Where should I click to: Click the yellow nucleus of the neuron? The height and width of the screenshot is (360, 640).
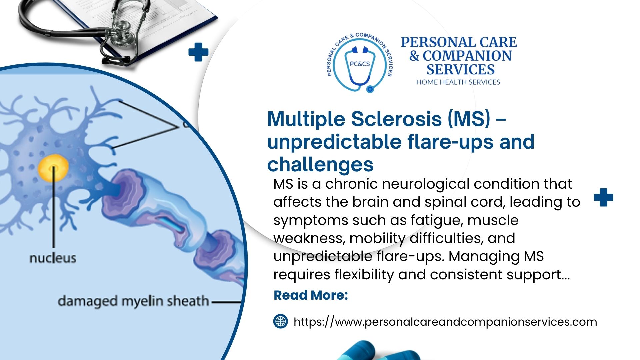point(53,168)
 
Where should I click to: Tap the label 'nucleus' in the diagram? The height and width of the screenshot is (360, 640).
point(53,258)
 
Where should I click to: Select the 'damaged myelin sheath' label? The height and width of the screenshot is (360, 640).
point(133,301)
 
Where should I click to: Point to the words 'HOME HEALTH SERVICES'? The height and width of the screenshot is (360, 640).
point(458,82)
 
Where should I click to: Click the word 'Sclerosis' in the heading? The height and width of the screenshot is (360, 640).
point(396,119)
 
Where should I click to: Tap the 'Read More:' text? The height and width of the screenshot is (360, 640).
point(311,295)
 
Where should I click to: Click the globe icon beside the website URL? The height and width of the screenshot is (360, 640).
point(280,321)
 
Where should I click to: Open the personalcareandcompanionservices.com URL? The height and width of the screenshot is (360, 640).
point(445,322)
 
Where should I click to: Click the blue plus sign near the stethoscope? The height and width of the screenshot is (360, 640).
point(198,52)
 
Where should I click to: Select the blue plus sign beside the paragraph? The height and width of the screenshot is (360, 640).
point(603,197)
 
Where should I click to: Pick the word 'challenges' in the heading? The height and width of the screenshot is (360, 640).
point(320,165)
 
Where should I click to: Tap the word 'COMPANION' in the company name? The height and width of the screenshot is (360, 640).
point(467,56)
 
